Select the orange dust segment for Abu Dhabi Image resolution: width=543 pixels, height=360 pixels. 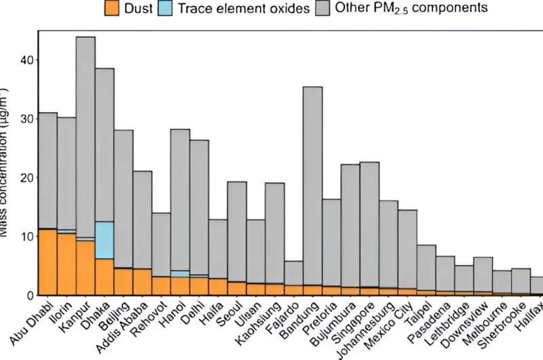[48, 262]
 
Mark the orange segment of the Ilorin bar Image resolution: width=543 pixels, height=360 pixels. [67, 264]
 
